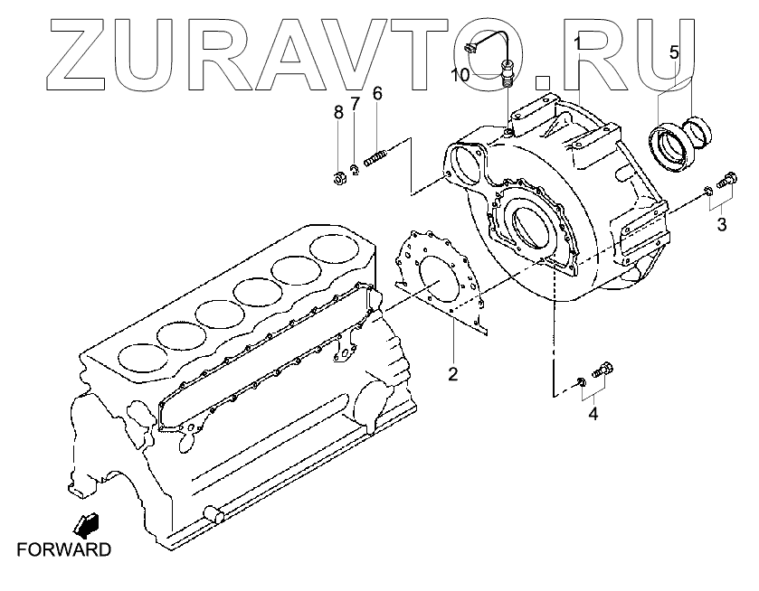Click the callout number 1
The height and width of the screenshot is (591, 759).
577,42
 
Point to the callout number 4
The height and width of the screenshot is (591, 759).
593,415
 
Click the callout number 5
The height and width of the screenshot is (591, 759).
673,52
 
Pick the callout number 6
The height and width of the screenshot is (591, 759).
376,93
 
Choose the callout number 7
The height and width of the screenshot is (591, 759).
356,103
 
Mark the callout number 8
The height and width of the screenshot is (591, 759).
337,112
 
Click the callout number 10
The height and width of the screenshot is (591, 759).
460,75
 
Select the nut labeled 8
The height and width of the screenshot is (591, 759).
333,177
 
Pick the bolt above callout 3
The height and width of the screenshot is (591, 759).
725,181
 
